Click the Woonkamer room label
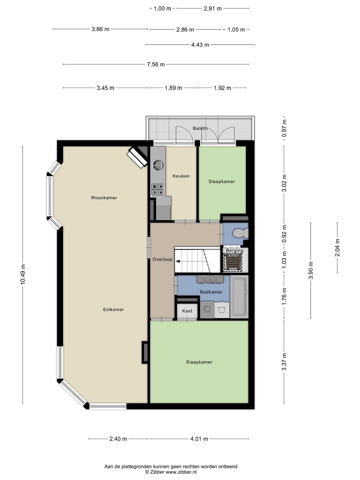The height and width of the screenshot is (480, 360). click(104, 198)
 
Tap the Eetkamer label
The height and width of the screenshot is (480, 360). click(113, 309)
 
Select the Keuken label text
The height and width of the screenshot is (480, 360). click(181, 176)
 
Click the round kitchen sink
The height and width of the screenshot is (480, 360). click(158, 165)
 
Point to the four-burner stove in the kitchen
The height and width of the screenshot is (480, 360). click(158, 189)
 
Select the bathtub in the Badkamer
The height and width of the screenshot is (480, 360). click(239, 297)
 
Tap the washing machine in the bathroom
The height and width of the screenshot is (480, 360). click(207, 310)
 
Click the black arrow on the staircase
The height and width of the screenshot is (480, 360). click(178, 261)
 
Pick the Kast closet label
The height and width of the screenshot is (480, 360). click(187, 311)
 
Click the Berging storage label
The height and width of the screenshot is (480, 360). click(235, 251)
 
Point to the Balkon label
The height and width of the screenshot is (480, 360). click(200, 128)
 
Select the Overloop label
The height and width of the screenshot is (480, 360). click(162, 259)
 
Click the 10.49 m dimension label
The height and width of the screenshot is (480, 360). click(23, 274)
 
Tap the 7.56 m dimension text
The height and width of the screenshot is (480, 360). click(156, 64)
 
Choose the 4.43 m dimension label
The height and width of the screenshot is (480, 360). click(200, 45)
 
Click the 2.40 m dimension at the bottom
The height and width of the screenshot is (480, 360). click(118, 439)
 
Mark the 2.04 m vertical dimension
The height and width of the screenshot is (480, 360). click(337, 248)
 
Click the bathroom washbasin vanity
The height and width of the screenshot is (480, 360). click(210, 279)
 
